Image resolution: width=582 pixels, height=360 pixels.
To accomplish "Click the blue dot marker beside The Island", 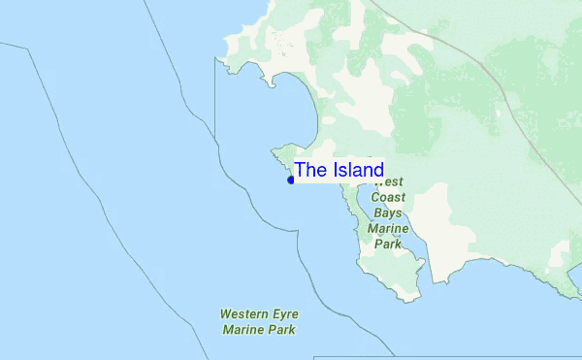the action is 291,180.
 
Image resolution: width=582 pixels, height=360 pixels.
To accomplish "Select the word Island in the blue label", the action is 357,171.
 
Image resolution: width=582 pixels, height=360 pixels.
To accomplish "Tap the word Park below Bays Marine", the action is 388,244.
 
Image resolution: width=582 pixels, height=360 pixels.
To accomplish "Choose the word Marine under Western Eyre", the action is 243,330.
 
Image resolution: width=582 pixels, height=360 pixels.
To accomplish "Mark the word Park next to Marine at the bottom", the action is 282,330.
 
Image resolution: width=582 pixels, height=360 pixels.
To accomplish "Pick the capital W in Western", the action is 225,314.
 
